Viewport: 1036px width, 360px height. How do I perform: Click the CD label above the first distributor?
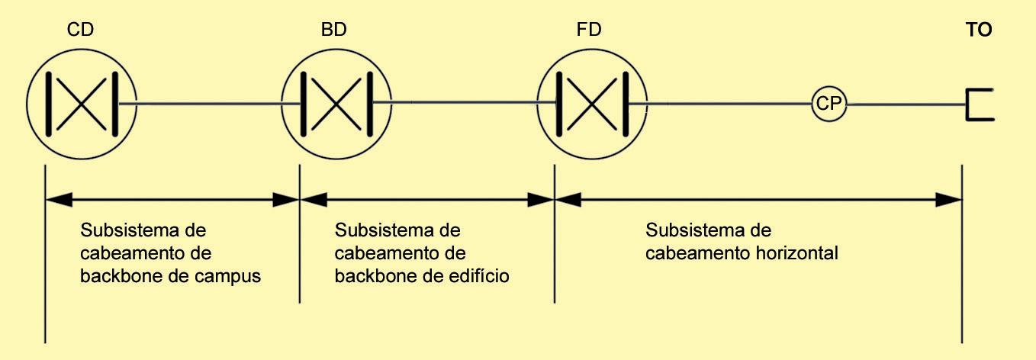tap(80, 31)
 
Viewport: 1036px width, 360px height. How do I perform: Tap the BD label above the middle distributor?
tap(335, 31)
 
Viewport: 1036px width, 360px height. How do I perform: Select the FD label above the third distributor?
tap(589, 31)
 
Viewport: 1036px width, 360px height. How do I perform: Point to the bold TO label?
tap(979, 31)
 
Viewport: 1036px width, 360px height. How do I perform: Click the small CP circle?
tap(828, 104)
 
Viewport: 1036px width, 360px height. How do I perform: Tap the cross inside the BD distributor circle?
tap(335, 104)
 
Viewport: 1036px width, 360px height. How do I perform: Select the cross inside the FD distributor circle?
tap(590, 104)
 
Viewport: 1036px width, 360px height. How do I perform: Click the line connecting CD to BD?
tap(206, 104)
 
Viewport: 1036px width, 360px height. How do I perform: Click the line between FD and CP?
tap(729, 104)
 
